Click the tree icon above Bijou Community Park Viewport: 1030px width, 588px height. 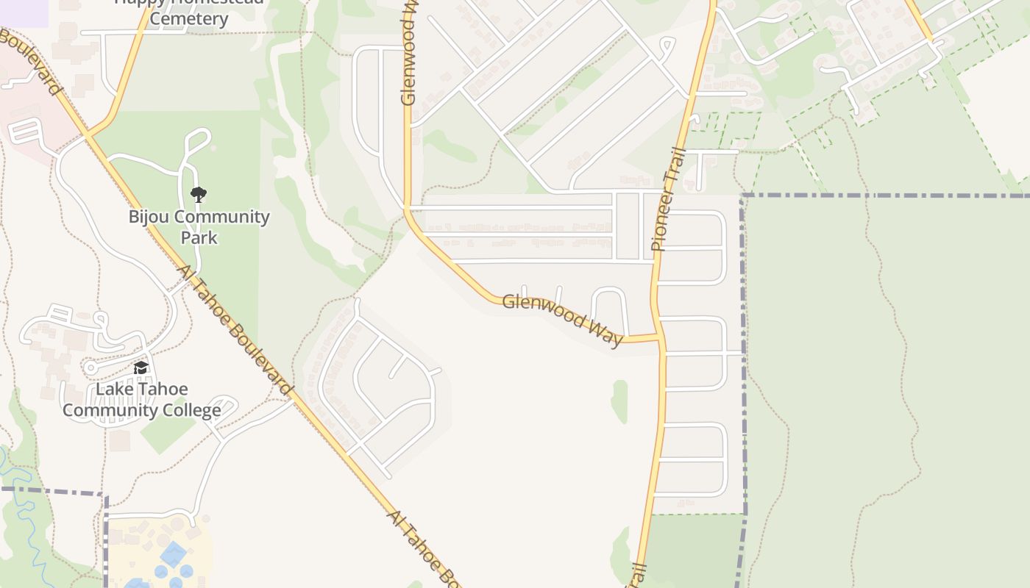point(198,195)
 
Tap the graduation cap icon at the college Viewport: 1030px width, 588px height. point(141,367)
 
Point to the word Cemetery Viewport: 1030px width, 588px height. point(188,18)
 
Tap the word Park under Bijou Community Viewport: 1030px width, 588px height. point(199,237)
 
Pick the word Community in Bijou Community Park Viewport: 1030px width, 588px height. point(222,217)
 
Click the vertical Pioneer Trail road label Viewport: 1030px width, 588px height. point(669,200)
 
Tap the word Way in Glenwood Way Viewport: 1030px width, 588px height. point(603,331)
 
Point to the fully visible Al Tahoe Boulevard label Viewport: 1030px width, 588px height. point(235,331)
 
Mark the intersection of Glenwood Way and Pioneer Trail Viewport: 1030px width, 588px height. point(659,338)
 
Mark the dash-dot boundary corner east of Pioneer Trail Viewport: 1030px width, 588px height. point(743,196)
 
